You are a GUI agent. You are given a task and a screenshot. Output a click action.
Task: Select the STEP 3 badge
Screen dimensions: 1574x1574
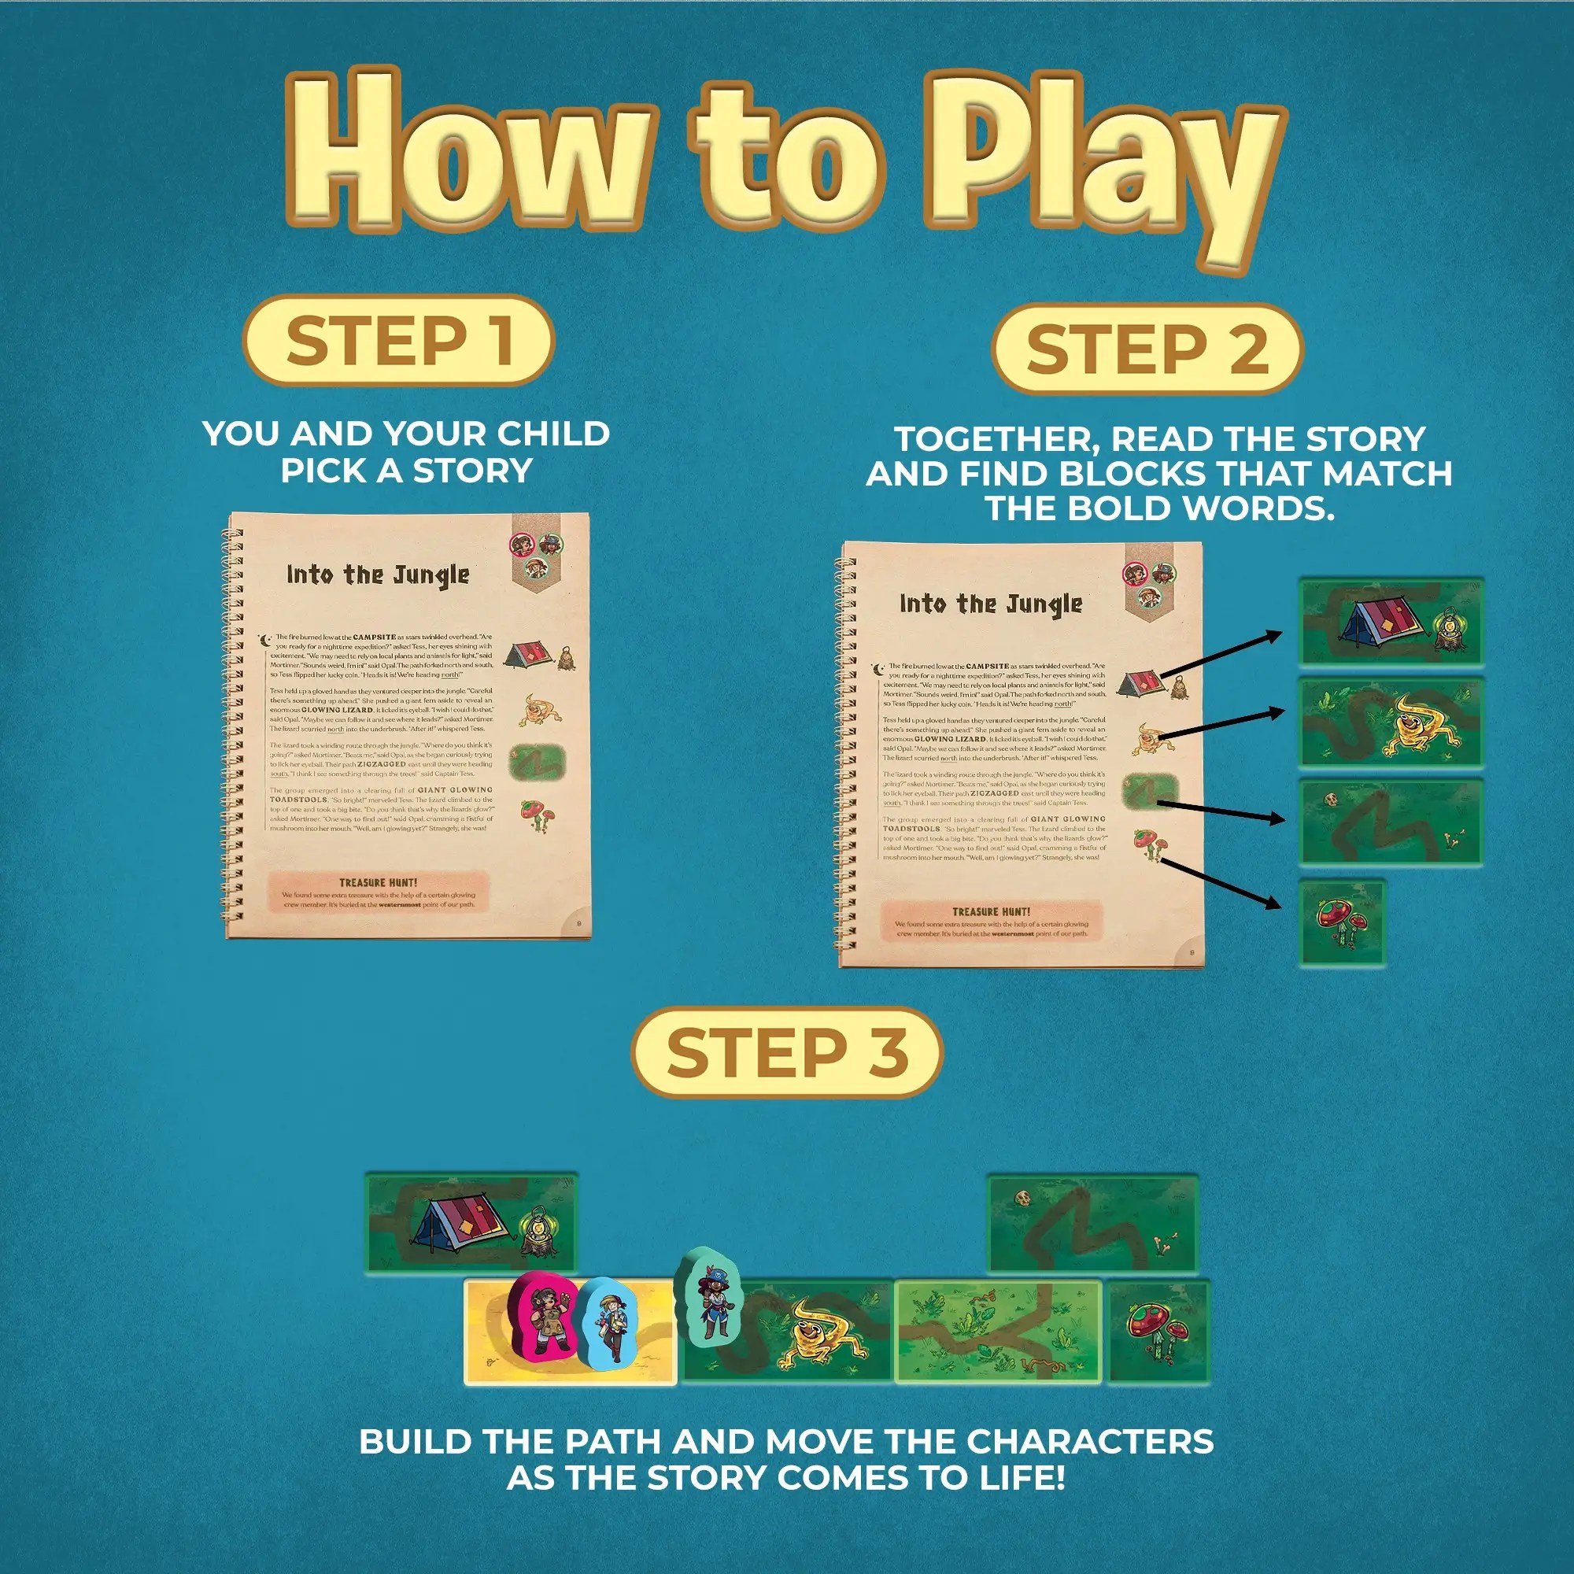click(x=787, y=1052)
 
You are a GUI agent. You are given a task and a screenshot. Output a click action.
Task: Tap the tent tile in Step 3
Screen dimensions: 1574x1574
click(x=471, y=1223)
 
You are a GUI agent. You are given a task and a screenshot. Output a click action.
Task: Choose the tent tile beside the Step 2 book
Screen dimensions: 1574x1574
click(x=1391, y=622)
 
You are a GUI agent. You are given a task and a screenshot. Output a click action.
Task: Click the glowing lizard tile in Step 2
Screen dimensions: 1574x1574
click(x=1391, y=723)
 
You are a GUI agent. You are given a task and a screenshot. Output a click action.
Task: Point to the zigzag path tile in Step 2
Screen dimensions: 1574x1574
click(x=1391, y=823)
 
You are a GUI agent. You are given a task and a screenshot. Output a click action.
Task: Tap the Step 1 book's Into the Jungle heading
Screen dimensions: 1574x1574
click(x=378, y=575)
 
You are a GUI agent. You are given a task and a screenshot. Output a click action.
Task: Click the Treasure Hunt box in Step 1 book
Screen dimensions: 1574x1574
click(x=378, y=892)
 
